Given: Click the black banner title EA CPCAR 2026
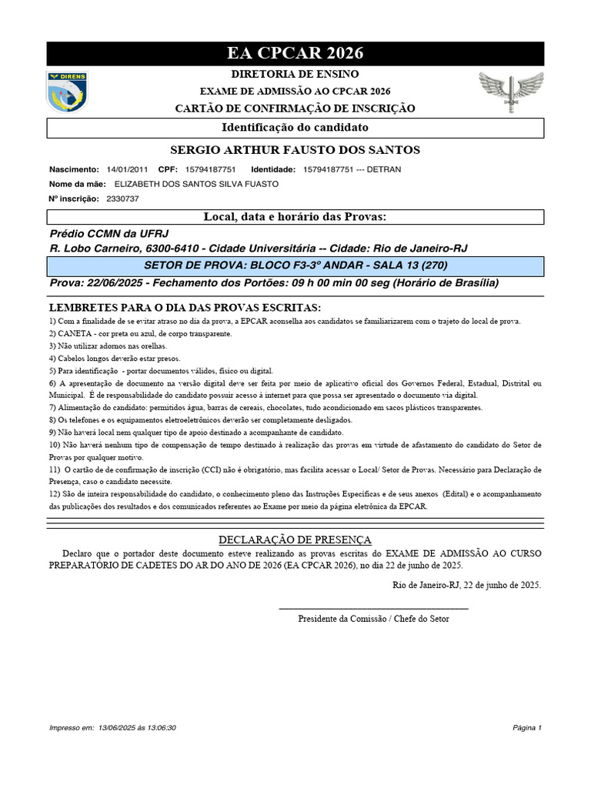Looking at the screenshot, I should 295,53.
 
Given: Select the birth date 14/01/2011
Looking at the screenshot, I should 127,169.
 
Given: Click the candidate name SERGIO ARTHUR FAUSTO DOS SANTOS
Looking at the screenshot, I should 295,149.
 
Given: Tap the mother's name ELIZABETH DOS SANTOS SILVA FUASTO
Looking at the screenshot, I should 196,184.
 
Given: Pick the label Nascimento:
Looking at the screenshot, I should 74,169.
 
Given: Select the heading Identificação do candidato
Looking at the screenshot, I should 295,127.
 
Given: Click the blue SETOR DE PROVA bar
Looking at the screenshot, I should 295,265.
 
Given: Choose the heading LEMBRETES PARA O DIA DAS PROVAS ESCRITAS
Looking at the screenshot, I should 185,307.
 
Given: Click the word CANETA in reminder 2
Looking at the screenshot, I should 75,333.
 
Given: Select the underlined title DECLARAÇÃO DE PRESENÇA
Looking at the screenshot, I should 295,539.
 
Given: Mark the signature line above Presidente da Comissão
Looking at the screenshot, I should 373,609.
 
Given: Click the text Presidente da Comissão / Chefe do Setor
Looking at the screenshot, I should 373,619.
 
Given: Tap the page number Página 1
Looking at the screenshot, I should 527,727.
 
